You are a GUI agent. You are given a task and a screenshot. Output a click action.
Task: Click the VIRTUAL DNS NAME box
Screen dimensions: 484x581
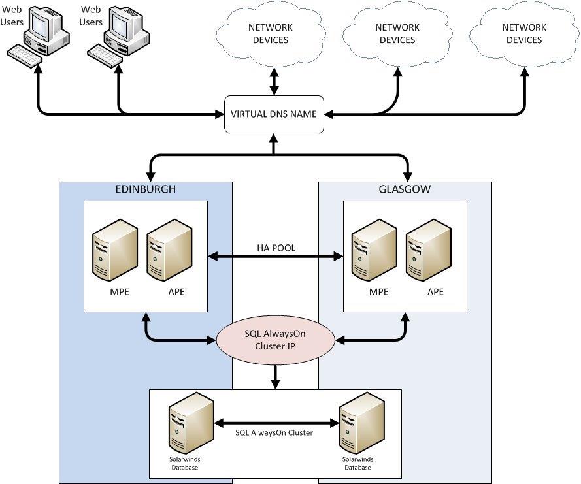coord(274,114)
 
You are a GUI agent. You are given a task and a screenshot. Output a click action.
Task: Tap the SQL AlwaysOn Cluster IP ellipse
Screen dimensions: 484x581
coord(275,339)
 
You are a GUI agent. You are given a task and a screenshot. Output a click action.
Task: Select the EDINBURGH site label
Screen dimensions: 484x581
coord(146,189)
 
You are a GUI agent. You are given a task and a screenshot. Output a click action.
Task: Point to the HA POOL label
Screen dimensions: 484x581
coord(275,248)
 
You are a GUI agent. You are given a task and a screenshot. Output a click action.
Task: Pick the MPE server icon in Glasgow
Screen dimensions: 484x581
coord(375,251)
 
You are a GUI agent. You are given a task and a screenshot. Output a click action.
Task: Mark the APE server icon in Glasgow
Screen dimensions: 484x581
coord(429,251)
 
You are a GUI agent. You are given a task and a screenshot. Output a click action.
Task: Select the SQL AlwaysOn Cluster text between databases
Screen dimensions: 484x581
coord(274,433)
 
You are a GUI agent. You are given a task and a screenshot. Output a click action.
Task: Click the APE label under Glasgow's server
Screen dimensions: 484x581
coord(435,292)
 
